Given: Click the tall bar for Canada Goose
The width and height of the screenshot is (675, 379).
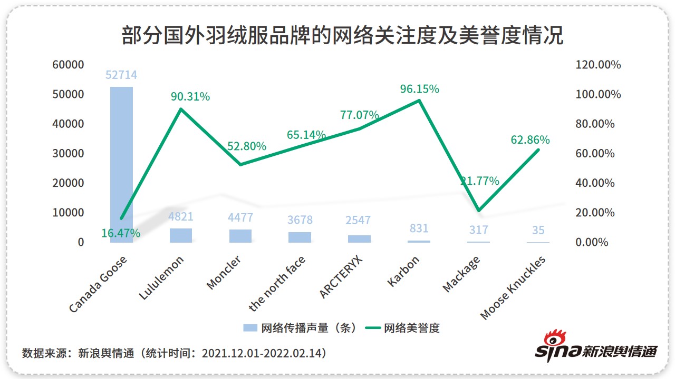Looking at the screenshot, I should coord(121,158).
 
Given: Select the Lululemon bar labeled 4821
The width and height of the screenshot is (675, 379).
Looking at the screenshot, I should coord(181,235).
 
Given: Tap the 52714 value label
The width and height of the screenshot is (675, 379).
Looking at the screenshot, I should coord(121,75).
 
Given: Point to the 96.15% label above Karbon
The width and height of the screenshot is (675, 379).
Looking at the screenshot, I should coord(419,89).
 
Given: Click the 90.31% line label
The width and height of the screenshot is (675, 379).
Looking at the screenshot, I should coord(190,96).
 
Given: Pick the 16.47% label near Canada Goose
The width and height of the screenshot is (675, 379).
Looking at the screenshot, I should coord(121,233).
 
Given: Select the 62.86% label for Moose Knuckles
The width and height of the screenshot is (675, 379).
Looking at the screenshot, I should coord(530,140).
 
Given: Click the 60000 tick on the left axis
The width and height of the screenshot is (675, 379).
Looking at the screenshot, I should coord(69,65).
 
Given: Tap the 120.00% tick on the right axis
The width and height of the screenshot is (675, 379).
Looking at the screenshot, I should coord(598,65).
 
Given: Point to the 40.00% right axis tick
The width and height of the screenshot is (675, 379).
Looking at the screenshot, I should coord(595,183).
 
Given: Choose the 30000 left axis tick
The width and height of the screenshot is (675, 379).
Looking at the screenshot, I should coord(69,154).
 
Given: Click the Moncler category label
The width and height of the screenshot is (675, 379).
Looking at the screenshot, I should coord(224,273).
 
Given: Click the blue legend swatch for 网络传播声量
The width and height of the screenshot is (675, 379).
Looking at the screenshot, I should coord(250,328).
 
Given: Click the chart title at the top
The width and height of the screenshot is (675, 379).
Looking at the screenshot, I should coord(342,36).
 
